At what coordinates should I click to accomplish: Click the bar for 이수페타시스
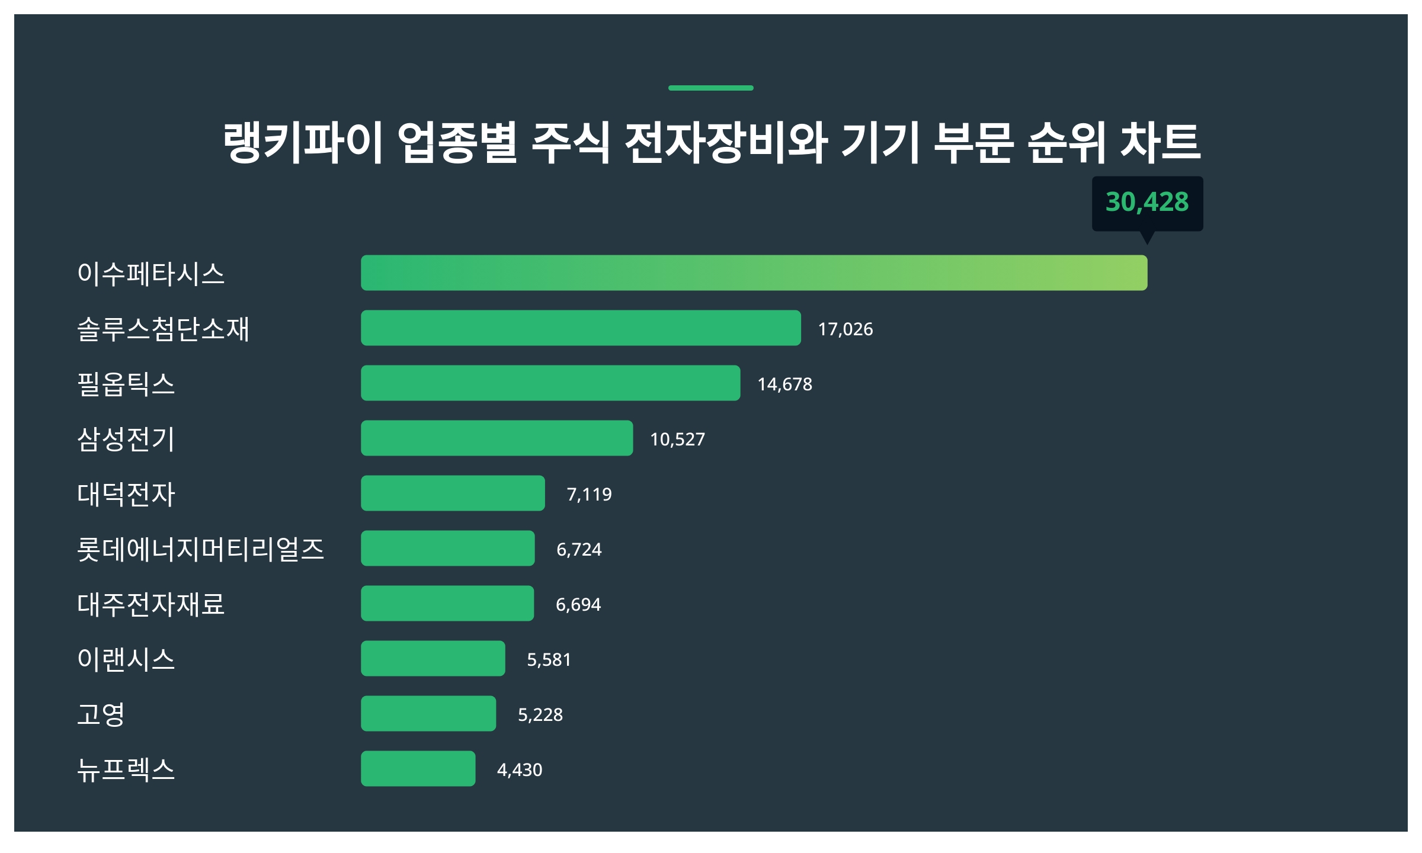coord(754,272)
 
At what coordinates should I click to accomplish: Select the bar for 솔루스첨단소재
coord(581,328)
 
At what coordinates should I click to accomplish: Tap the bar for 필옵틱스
coord(550,383)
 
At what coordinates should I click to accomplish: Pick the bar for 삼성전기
coord(497,438)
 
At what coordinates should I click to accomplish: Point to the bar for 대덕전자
coord(453,493)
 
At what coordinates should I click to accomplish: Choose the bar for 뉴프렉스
coord(418,768)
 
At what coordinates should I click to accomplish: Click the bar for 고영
coord(428,713)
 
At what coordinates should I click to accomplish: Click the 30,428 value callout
coord(1147,203)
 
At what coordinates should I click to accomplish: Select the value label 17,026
coord(845,329)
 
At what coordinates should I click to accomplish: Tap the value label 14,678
coord(784,384)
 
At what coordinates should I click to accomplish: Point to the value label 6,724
coord(579,549)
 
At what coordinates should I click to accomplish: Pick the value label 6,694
coord(578,604)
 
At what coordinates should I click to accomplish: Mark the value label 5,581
coord(549,659)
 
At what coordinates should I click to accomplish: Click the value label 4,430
coord(520,769)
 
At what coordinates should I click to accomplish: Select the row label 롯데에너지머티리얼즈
coord(200,549)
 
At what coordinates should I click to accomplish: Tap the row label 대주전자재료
coord(151,604)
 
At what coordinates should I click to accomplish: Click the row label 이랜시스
coord(126,659)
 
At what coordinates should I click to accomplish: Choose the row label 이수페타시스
coord(151,274)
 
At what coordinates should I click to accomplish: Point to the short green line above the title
coord(710,88)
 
